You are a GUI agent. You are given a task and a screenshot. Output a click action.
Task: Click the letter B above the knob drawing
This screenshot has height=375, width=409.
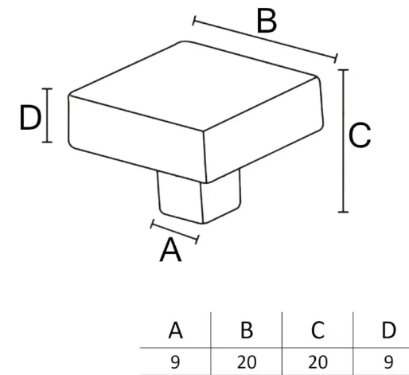(267, 21)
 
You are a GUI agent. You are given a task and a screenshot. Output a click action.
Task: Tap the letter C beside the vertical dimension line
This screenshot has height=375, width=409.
(360, 135)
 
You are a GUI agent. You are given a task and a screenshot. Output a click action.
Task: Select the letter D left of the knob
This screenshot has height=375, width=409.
(30, 118)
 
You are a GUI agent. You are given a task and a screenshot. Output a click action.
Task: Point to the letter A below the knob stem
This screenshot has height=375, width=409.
(170, 250)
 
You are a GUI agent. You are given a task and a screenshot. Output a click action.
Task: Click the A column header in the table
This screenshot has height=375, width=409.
(175, 330)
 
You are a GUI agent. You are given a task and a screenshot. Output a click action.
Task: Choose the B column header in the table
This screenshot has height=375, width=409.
(247, 330)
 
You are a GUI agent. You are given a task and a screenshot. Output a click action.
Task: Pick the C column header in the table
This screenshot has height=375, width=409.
(317, 330)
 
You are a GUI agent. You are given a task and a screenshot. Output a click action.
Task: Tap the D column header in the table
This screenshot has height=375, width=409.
(388, 330)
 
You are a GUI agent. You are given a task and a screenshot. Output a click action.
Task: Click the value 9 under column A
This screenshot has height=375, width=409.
(175, 362)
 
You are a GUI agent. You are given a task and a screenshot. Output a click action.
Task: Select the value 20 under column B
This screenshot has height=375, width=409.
(247, 362)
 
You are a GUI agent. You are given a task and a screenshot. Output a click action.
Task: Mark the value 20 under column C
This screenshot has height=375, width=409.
(317, 362)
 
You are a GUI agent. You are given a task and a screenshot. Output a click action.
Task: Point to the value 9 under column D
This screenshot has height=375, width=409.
(388, 362)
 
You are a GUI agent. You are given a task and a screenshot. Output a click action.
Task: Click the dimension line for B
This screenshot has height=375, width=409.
(265, 39)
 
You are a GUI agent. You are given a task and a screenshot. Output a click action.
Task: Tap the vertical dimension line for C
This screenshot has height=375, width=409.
(344, 141)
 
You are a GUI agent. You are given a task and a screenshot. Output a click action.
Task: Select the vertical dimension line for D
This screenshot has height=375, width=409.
(47, 115)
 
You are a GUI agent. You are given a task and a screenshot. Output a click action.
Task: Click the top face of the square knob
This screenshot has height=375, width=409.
(193, 85)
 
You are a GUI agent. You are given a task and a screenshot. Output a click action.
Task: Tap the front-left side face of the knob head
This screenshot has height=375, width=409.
(137, 138)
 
